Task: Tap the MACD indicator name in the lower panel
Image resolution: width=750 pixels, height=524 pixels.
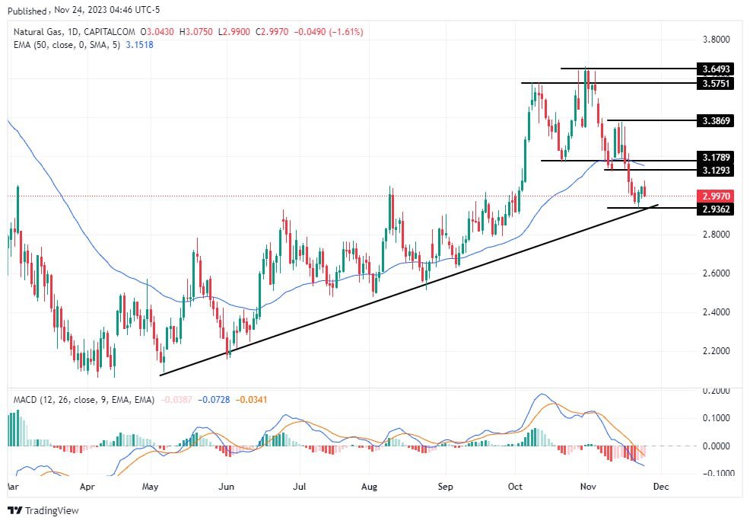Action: click(27, 400)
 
